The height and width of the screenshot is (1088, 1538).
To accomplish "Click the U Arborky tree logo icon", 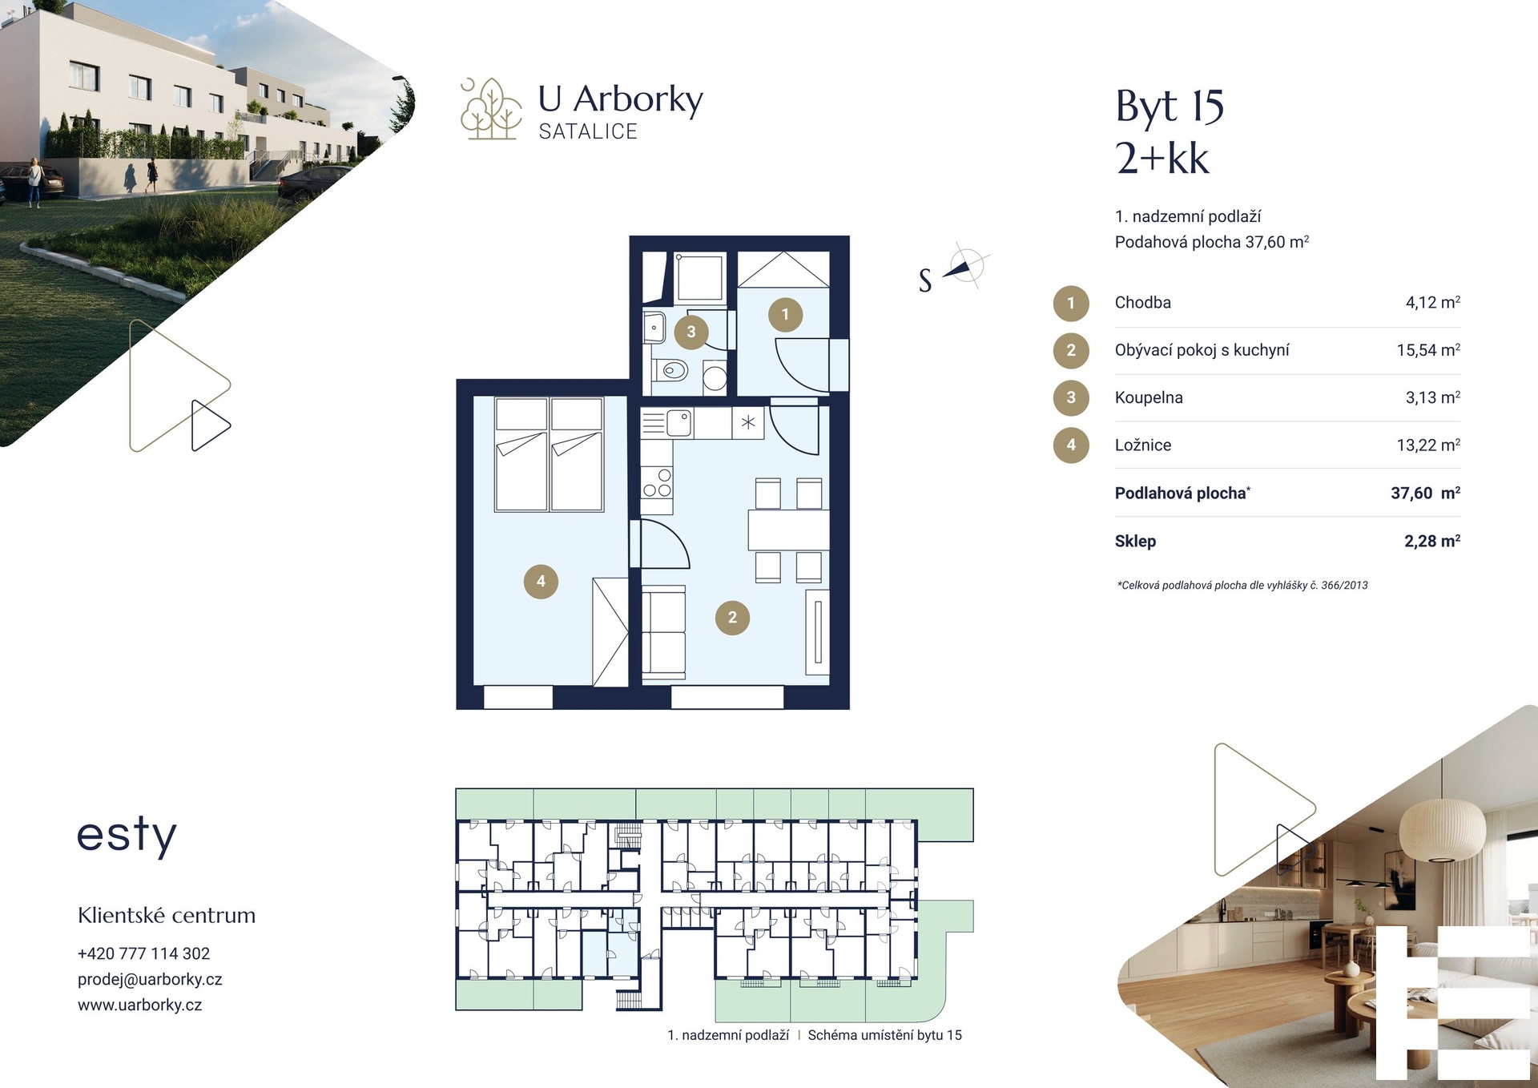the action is (x=491, y=109).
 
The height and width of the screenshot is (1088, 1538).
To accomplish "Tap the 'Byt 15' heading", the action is (x=1170, y=107).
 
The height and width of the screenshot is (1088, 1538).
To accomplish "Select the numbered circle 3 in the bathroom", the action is (x=691, y=332).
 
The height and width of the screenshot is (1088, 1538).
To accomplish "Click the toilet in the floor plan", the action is (x=671, y=371).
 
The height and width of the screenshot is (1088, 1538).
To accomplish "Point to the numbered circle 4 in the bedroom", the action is (x=541, y=582).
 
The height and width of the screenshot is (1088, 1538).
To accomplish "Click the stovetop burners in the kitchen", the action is (x=657, y=483).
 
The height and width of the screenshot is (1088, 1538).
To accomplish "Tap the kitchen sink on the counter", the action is (x=678, y=423).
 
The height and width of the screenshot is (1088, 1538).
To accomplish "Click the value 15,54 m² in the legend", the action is (x=1428, y=350).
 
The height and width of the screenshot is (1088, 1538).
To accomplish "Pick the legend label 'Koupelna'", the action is (x=1149, y=397).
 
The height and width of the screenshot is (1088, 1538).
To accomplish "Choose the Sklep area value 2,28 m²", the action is (x=1432, y=541).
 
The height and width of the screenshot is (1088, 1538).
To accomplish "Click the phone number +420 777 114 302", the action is (x=143, y=953).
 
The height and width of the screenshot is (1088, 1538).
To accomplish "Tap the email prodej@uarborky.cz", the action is (x=150, y=979).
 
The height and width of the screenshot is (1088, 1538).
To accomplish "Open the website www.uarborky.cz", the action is (x=139, y=1005).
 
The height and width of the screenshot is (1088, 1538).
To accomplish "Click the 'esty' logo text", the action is (x=127, y=836).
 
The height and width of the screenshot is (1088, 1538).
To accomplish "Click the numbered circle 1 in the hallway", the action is (x=785, y=315).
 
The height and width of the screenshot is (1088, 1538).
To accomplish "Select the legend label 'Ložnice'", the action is (x=1143, y=445).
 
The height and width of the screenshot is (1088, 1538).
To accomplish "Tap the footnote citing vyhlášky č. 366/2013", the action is (x=1242, y=586).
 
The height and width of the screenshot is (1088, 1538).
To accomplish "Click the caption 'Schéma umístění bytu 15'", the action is (x=885, y=1035).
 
